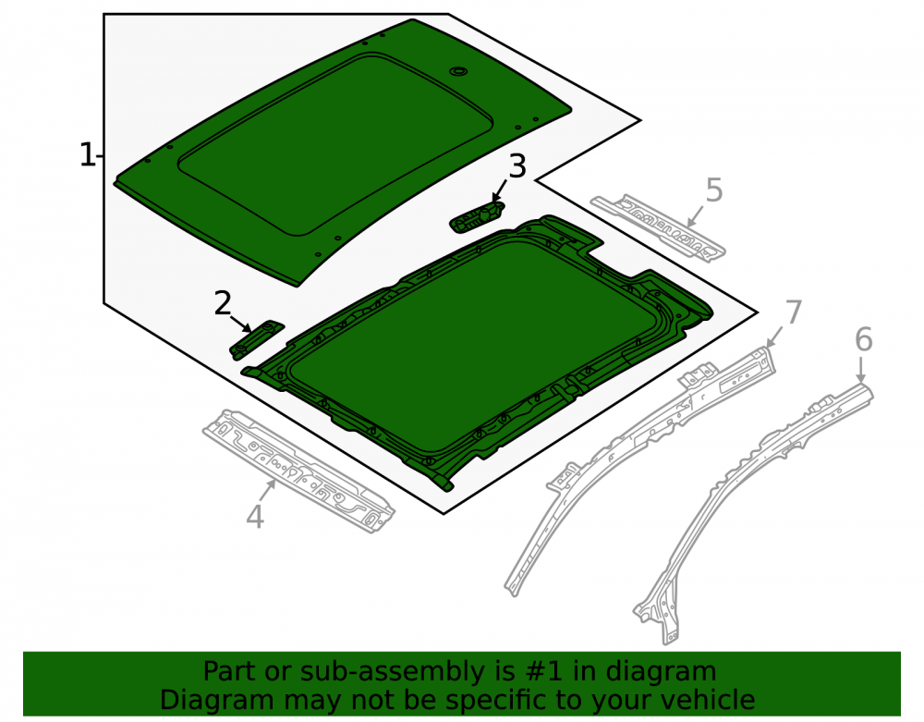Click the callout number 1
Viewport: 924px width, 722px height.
[87, 155]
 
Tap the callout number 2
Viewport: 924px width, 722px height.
[222, 303]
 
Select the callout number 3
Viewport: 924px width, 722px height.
[517, 166]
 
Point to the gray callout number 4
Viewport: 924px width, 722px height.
[255, 517]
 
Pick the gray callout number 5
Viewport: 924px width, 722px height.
[713, 190]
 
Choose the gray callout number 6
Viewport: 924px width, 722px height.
[863, 339]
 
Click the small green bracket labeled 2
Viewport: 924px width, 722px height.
[256, 340]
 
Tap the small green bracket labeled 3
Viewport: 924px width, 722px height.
[478, 215]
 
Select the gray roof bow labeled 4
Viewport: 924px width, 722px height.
[298, 471]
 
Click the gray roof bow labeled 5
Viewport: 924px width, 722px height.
[658, 227]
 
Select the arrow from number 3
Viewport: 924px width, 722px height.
[499, 190]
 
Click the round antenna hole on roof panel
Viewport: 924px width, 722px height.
[457, 71]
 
